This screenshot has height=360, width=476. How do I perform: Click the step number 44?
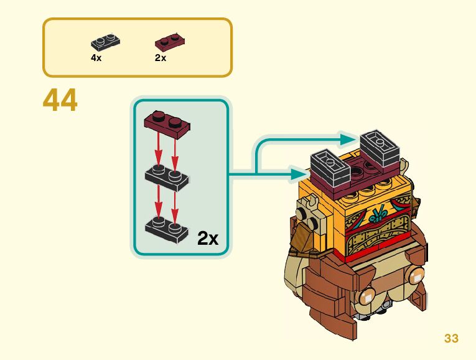(x=60, y=101)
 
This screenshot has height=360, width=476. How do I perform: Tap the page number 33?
(x=451, y=338)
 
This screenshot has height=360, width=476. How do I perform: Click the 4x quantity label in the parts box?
(x=96, y=57)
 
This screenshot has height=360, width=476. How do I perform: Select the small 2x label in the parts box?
(x=161, y=57)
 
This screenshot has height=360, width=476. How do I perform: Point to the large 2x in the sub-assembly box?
(x=208, y=238)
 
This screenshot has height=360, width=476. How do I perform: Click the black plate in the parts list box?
(x=105, y=43)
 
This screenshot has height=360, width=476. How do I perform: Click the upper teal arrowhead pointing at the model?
(x=348, y=138)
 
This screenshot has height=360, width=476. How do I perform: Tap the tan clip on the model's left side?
(x=309, y=206)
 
